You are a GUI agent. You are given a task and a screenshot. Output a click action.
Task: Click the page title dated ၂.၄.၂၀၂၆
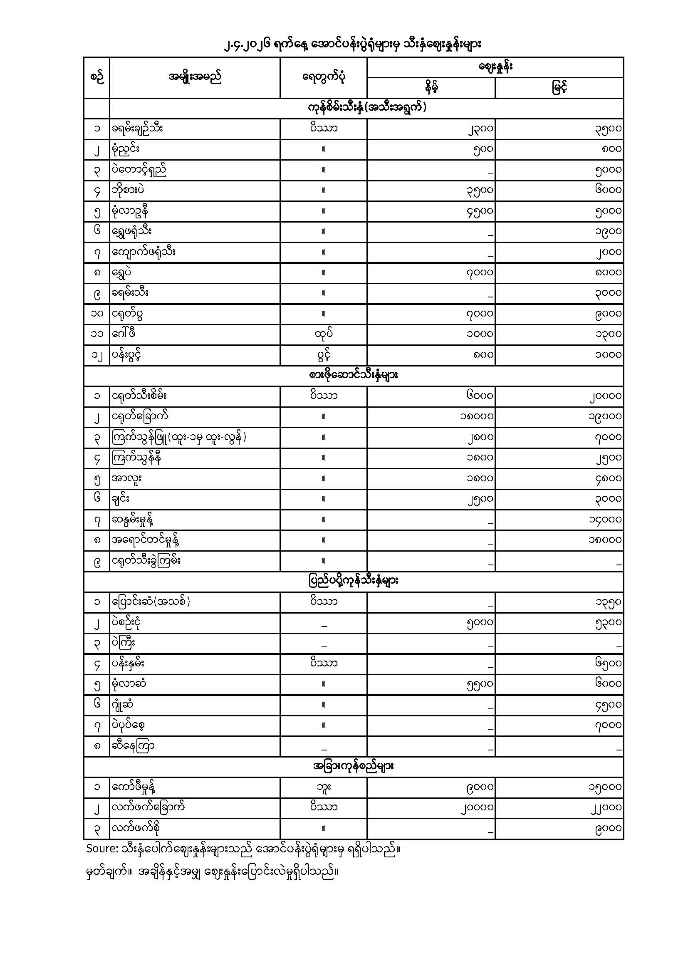[x=353, y=44]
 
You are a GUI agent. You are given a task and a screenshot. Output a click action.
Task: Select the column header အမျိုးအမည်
[x=194, y=77]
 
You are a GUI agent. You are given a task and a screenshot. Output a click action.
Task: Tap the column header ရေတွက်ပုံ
[x=323, y=77]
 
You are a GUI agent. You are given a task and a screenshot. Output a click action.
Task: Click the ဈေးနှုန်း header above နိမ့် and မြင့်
[x=495, y=67]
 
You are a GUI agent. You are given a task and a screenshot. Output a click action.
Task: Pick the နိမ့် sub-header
[x=431, y=88]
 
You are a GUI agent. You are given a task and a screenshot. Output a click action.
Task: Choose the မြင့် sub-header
[x=559, y=88]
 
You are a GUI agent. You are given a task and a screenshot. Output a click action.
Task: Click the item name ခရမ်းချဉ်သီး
[x=138, y=129]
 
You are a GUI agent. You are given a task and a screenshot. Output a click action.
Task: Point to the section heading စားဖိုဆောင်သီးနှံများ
[x=353, y=376]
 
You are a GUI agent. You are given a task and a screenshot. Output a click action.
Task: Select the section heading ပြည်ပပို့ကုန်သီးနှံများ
[x=353, y=581]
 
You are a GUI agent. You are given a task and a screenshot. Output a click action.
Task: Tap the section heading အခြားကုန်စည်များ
[x=353, y=766]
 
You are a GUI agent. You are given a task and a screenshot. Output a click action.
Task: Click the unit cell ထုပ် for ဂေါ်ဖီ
[x=323, y=334]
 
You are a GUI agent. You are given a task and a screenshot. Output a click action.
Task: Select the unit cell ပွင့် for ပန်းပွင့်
[x=323, y=355]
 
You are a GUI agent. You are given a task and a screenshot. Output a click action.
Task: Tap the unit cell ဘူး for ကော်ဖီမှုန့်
[x=323, y=787]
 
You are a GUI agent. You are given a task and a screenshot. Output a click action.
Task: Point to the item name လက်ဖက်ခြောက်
[x=148, y=807]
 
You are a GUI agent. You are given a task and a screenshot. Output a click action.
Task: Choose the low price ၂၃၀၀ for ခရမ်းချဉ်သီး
[x=480, y=129]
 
